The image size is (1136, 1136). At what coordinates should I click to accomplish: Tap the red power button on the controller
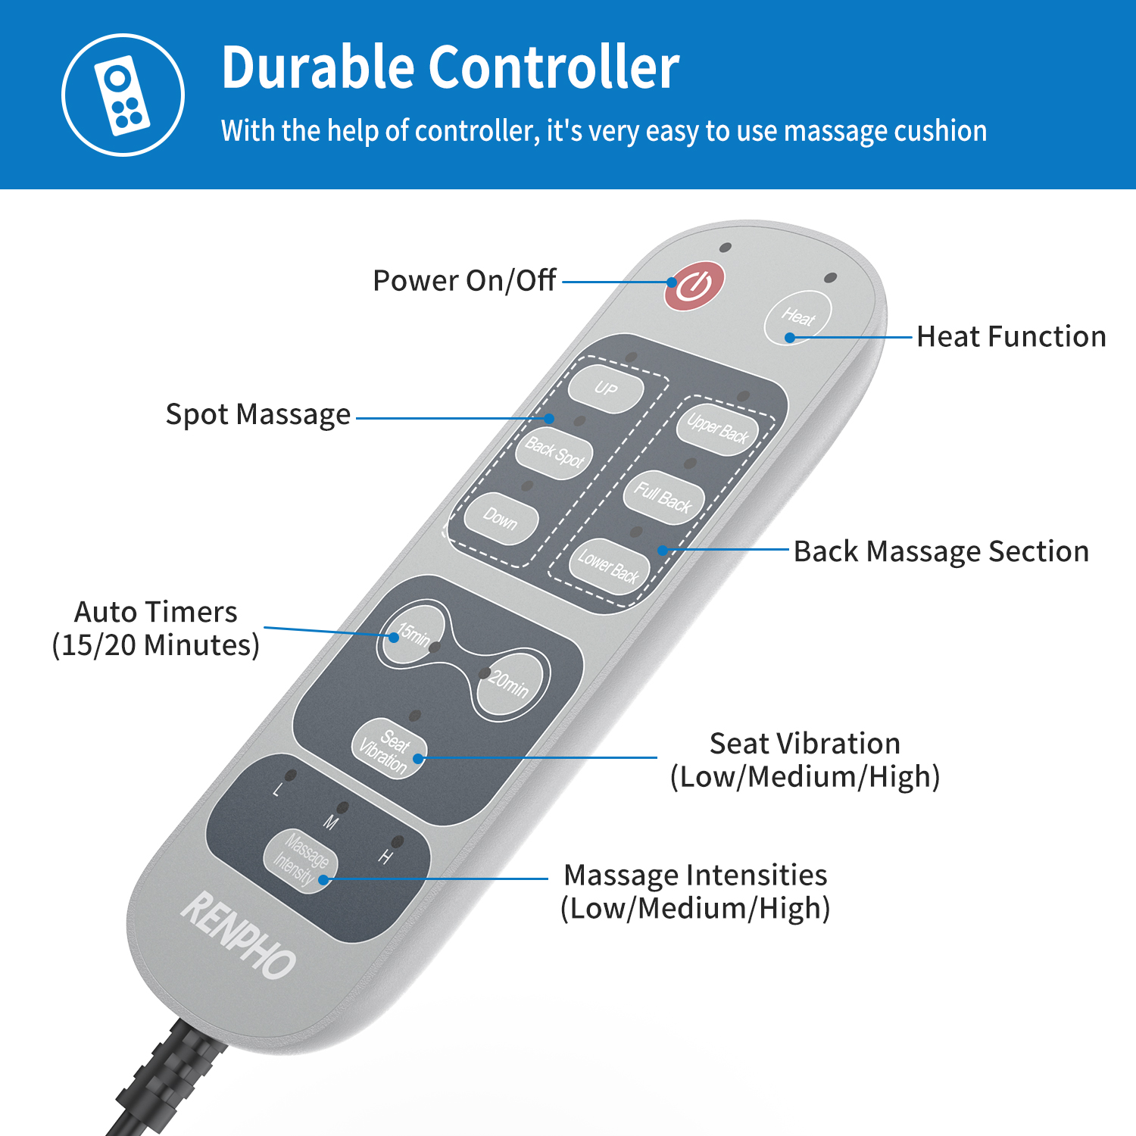click(x=694, y=286)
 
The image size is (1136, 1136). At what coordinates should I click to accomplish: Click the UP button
click(x=606, y=389)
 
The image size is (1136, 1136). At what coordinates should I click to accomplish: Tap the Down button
click(x=501, y=519)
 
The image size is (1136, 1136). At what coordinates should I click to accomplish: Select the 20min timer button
click(x=509, y=684)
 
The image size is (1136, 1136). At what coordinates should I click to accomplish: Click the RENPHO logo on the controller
click(x=238, y=936)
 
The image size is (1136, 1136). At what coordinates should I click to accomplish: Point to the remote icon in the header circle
click(x=122, y=95)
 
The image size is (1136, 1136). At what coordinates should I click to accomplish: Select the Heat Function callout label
click(x=1012, y=336)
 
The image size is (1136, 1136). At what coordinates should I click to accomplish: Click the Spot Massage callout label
click(x=258, y=415)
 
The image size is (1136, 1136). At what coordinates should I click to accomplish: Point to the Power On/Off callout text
click(x=465, y=280)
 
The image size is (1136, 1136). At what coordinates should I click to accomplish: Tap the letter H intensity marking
click(x=385, y=857)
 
